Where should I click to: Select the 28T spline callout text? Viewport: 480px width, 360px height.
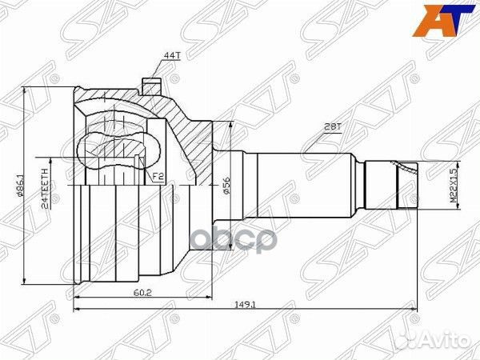[x=334, y=126]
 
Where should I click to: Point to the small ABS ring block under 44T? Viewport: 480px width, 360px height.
[x=150, y=85]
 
